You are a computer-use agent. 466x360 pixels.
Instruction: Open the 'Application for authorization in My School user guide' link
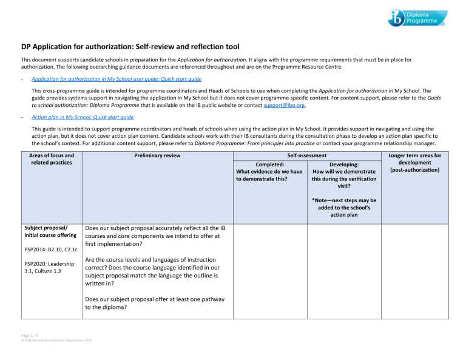116,79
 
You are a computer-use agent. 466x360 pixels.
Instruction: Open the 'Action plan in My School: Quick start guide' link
83,117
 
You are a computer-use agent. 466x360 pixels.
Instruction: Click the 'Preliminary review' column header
157,155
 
